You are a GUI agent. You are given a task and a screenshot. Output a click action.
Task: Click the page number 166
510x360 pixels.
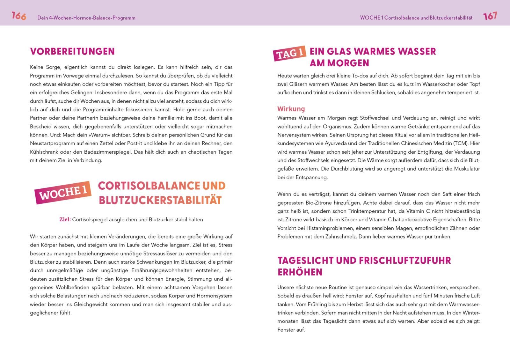pos(19,16)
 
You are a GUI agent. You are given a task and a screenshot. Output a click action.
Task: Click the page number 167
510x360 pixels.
pos(490,16)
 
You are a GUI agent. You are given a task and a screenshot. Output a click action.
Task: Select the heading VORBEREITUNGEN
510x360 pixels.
pos(72,52)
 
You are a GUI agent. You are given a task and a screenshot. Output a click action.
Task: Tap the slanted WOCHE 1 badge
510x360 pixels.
pos(63,192)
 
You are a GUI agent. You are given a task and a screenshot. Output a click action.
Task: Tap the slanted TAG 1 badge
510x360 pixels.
pos(290,53)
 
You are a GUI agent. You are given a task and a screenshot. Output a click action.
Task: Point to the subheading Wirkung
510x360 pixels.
pos(291,109)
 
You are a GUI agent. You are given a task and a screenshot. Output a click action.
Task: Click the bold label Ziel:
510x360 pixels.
pos(65,219)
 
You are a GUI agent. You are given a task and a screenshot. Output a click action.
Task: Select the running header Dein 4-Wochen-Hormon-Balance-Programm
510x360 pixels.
pos(86,18)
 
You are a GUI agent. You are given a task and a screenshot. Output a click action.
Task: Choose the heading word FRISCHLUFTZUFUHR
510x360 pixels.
pos(405,261)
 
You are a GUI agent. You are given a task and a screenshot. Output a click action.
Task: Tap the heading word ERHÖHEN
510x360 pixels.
pos(295,272)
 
